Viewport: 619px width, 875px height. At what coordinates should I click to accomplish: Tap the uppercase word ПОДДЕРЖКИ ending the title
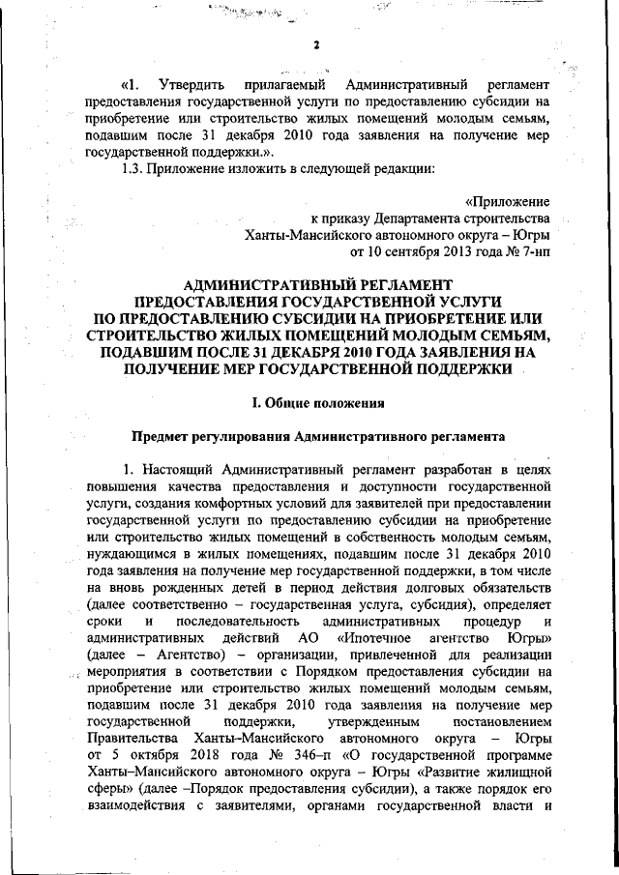pos(454,368)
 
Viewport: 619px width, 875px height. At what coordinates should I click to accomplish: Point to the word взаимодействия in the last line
pos(133,807)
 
